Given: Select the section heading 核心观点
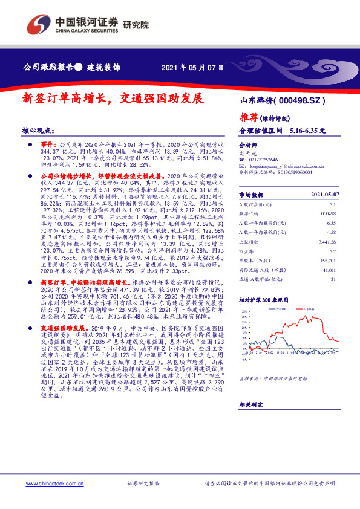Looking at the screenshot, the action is pos(38,131).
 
